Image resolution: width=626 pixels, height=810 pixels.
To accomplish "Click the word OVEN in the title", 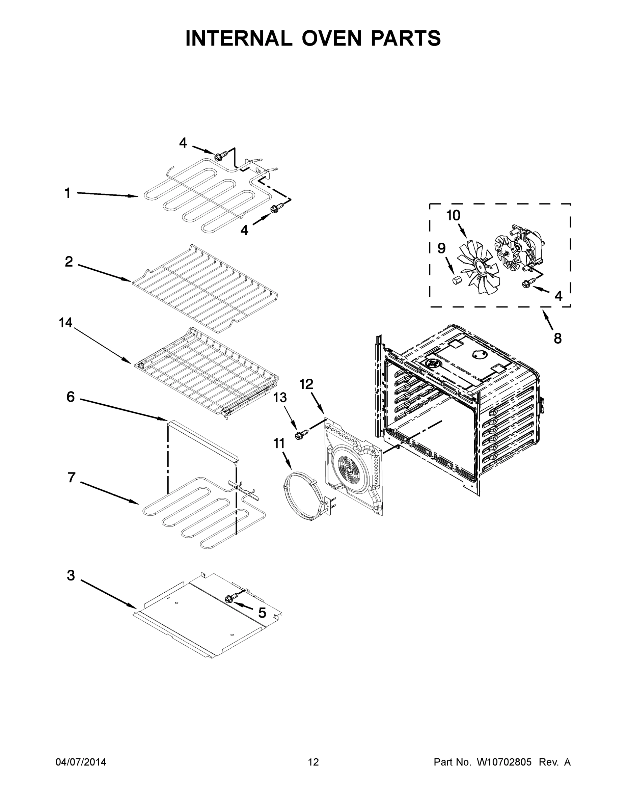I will [331, 38].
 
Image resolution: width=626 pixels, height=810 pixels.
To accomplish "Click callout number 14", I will [66, 323].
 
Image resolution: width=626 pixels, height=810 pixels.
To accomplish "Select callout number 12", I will [306, 384].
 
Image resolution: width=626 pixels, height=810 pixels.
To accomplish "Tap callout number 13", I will [280, 398].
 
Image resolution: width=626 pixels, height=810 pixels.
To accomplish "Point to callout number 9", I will [441, 248].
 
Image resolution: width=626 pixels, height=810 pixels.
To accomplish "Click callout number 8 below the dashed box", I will [558, 338].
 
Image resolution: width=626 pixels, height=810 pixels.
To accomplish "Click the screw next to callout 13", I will [301, 434].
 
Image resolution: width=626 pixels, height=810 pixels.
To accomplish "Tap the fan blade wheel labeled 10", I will [475, 266].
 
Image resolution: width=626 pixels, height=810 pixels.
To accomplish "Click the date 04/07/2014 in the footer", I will [81, 762].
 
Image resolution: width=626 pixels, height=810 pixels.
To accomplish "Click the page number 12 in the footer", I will [313, 762].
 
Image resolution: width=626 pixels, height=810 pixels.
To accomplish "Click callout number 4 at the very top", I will [183, 143].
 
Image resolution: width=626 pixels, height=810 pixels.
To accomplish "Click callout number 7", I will [71, 478].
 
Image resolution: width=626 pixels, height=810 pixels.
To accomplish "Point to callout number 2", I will [69, 262].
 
